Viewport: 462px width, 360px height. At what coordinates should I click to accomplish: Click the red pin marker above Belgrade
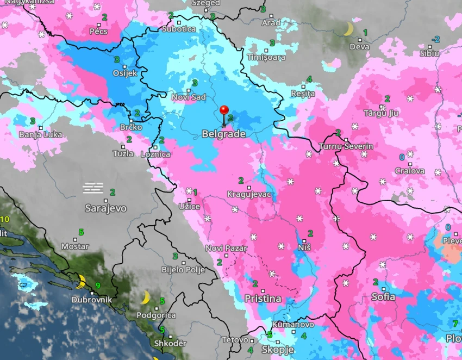click(224, 111)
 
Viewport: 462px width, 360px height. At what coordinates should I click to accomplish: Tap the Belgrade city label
click(223, 134)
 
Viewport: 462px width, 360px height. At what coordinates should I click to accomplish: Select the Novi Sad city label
click(189, 97)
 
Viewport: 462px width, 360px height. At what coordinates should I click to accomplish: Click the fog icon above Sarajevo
click(93, 188)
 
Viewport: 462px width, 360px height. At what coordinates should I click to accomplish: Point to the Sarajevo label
click(105, 208)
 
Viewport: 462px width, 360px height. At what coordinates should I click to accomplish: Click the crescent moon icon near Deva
click(348, 29)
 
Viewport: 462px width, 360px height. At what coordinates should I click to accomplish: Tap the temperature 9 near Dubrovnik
click(98, 285)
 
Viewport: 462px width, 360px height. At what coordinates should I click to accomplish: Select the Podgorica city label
click(155, 315)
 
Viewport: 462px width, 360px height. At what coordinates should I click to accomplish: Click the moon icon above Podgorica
click(146, 297)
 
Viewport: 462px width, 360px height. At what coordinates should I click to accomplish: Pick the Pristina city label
click(263, 299)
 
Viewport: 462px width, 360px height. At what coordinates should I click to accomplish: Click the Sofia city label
click(383, 297)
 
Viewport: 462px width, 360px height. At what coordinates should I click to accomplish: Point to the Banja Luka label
click(40, 134)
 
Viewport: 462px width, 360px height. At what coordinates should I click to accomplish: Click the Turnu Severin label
click(346, 146)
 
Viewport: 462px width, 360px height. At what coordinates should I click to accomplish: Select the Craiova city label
click(410, 171)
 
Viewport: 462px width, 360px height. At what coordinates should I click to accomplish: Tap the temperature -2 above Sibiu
click(436, 39)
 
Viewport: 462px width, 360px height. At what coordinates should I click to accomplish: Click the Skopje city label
click(278, 350)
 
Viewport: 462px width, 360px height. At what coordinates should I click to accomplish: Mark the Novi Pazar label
click(226, 249)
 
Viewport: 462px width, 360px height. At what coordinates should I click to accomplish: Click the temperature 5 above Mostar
click(81, 232)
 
